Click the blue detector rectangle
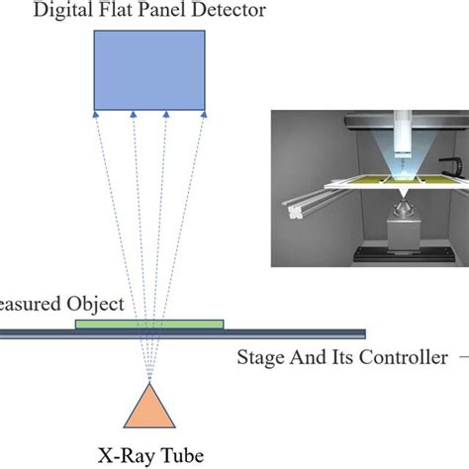click(149, 69)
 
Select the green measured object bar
click(148, 323)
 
